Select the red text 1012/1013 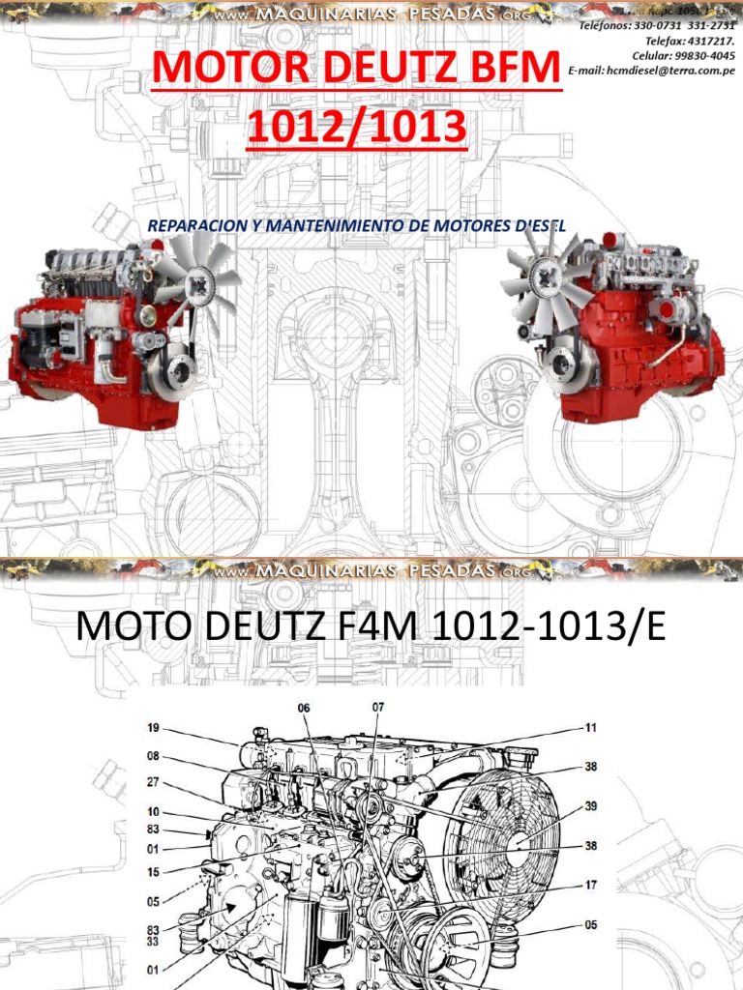pos(356,129)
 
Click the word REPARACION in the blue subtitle pos(193,225)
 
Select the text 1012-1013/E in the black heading pos(550,628)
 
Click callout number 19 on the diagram pos(153,727)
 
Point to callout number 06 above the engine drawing pos(304,708)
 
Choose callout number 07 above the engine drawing pos(377,707)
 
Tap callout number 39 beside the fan pos(590,806)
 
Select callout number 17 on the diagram pos(590,885)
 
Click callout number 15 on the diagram pos(153,872)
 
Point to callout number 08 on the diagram pos(153,757)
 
